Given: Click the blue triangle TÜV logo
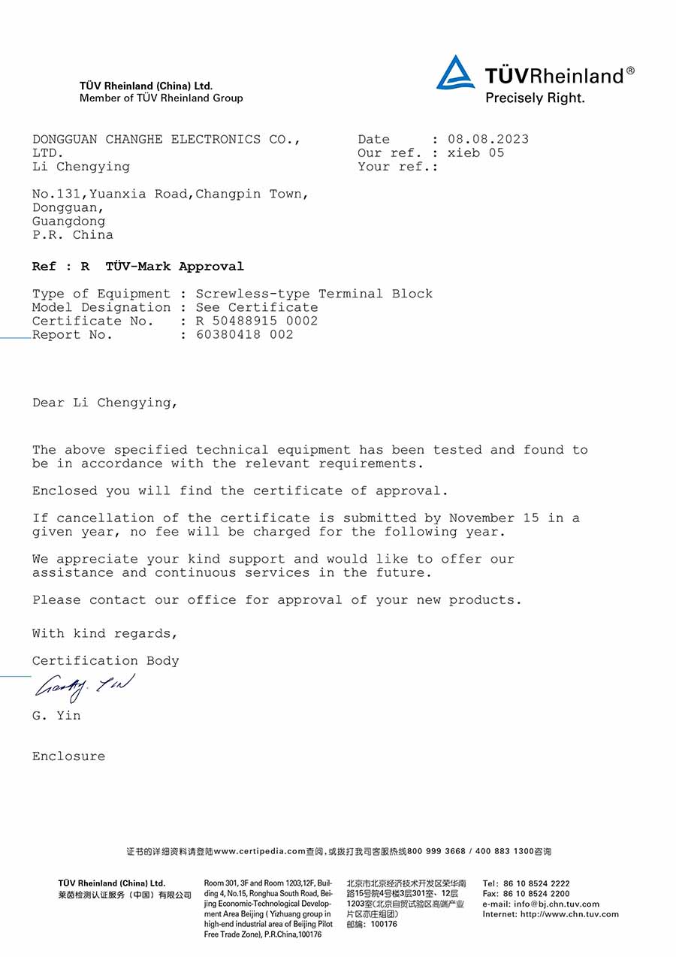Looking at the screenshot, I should click(455, 73).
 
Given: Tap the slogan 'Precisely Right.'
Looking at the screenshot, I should click(535, 98).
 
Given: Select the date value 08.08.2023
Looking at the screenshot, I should click(488, 139).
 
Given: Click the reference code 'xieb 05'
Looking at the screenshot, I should click(476, 153).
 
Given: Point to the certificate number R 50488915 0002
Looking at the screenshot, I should click(257, 321).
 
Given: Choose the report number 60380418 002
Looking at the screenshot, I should click(245, 335).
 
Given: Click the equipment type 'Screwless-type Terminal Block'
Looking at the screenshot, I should click(314, 294).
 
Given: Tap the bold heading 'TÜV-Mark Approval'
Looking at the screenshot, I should click(175, 267).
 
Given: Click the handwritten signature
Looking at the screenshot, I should click(85, 686).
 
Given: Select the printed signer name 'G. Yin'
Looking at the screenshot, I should click(56, 716).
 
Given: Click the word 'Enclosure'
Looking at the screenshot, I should click(68, 756).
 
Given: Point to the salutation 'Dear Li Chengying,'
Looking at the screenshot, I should click(105, 403).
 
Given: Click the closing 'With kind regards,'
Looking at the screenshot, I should click(105, 634).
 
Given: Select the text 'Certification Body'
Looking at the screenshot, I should click(105, 661).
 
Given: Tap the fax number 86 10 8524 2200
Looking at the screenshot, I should click(536, 894).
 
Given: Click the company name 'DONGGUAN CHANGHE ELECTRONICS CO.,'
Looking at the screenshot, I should click(167, 140).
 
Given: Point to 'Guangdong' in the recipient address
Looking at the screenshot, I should click(68, 222).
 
